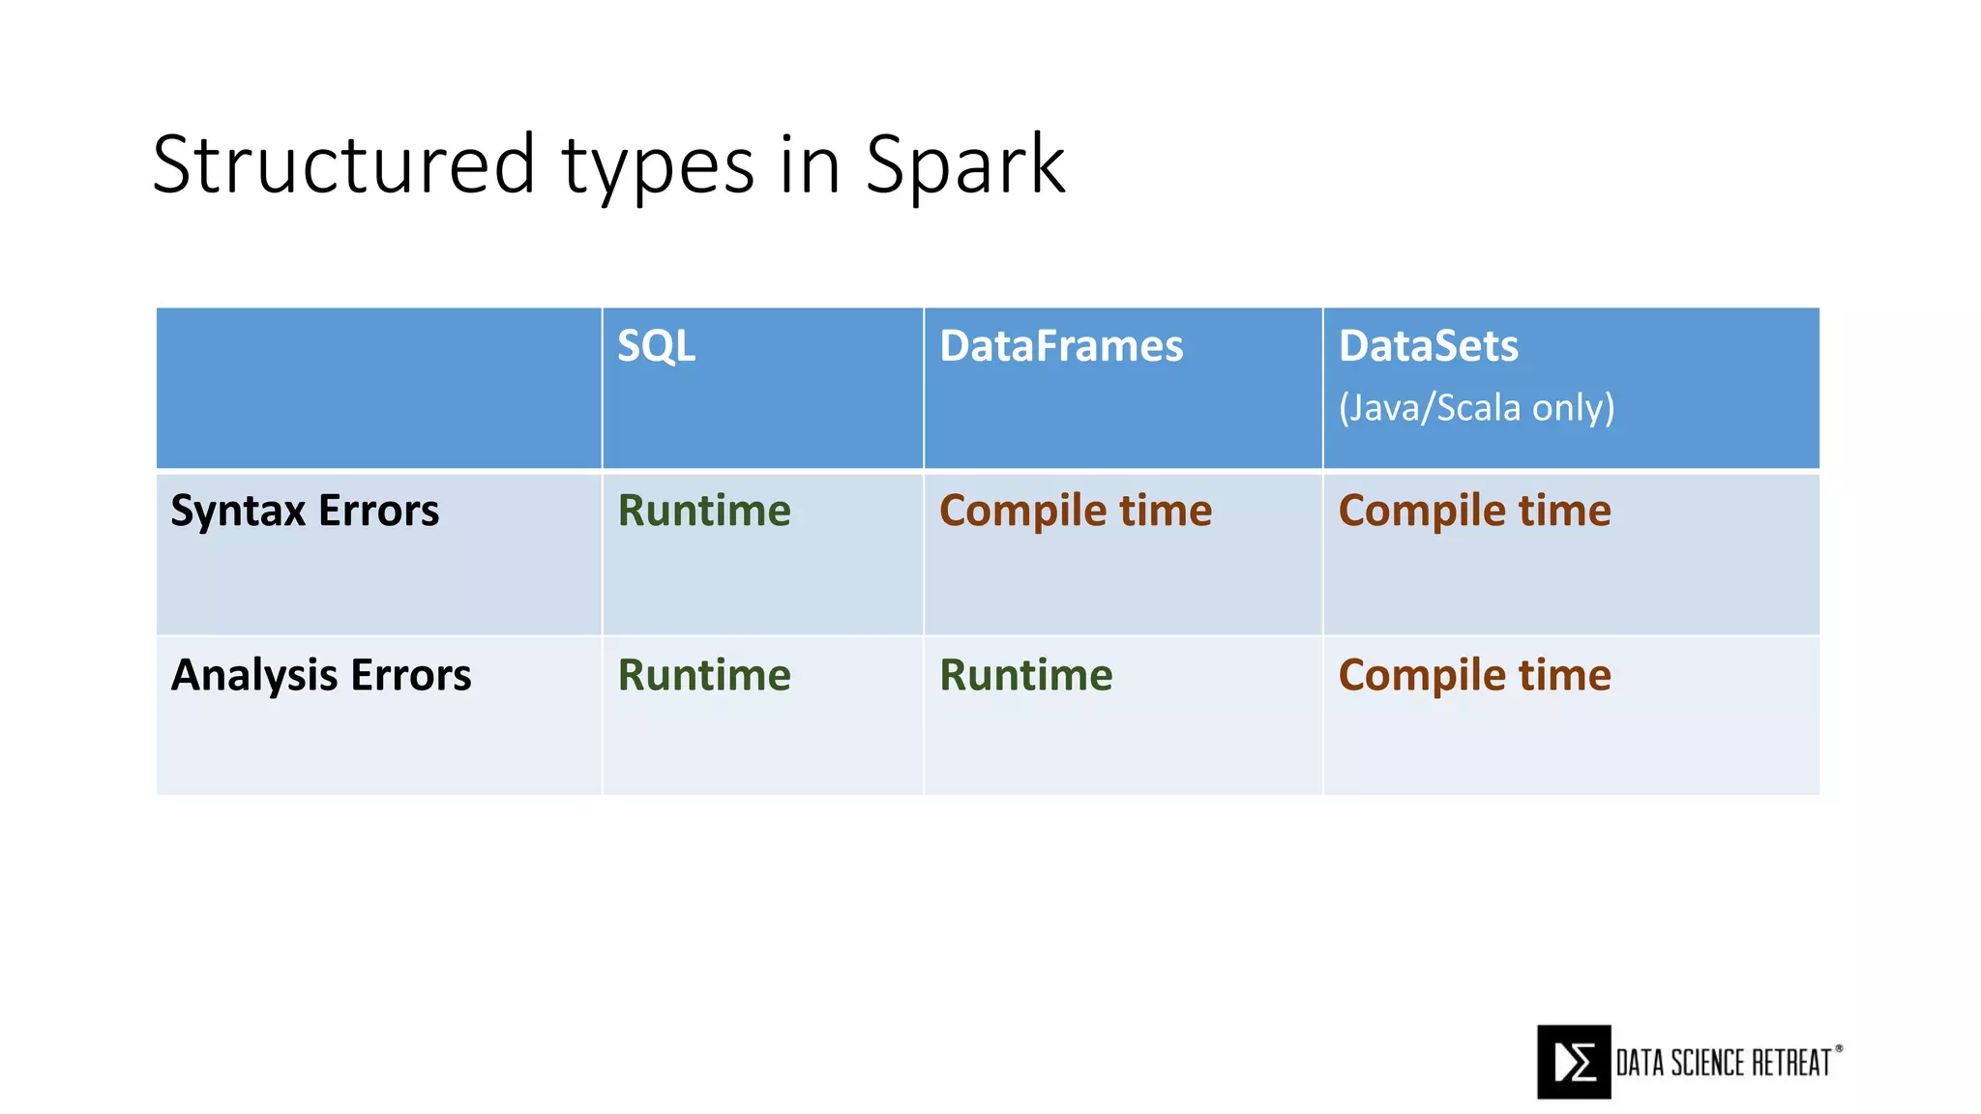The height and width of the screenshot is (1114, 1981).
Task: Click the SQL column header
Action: pos(656,346)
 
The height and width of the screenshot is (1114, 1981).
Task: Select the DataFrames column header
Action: pos(1061,346)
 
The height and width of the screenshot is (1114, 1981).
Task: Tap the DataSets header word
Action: pos(1428,346)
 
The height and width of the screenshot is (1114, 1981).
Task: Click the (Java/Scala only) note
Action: pos(1476,408)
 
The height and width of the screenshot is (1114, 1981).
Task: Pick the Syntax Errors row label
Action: pos(305,511)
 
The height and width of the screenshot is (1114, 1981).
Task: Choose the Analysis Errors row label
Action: pos(321,675)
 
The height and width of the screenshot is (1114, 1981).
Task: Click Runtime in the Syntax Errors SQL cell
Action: pos(704,511)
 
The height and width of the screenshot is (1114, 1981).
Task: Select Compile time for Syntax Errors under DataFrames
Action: pos(1075,511)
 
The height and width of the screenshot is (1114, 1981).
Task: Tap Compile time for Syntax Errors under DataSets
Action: pos(1474,511)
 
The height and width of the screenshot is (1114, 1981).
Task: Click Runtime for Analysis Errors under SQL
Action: pos(704,675)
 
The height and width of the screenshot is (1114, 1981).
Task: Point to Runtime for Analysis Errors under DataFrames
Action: pos(1026,675)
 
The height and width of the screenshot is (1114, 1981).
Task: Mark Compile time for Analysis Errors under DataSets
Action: pos(1474,675)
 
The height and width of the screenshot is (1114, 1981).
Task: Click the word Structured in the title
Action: pos(343,164)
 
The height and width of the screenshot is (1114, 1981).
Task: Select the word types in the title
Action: pos(658,169)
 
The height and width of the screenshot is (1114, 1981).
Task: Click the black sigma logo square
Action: pos(1574,1062)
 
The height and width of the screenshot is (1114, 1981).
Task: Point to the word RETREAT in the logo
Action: pos(1792,1063)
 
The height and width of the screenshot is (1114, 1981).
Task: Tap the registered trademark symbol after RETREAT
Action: pos(1839,1048)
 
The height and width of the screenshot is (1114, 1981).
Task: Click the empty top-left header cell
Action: pos(378,389)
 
